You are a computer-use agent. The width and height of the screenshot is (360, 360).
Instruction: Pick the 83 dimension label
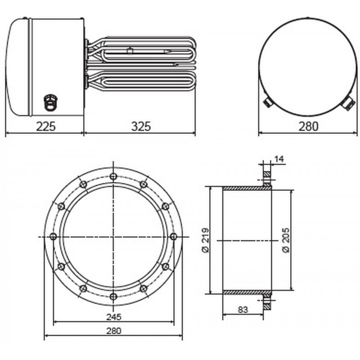pos(242,310)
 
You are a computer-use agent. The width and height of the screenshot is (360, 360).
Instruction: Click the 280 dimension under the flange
pos(113,331)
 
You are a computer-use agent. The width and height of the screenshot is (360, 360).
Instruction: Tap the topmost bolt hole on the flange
pos(113,176)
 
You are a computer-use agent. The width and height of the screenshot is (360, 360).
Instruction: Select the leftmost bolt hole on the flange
pos(54,236)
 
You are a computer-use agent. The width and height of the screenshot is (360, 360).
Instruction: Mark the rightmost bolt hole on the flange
pos(174,236)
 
